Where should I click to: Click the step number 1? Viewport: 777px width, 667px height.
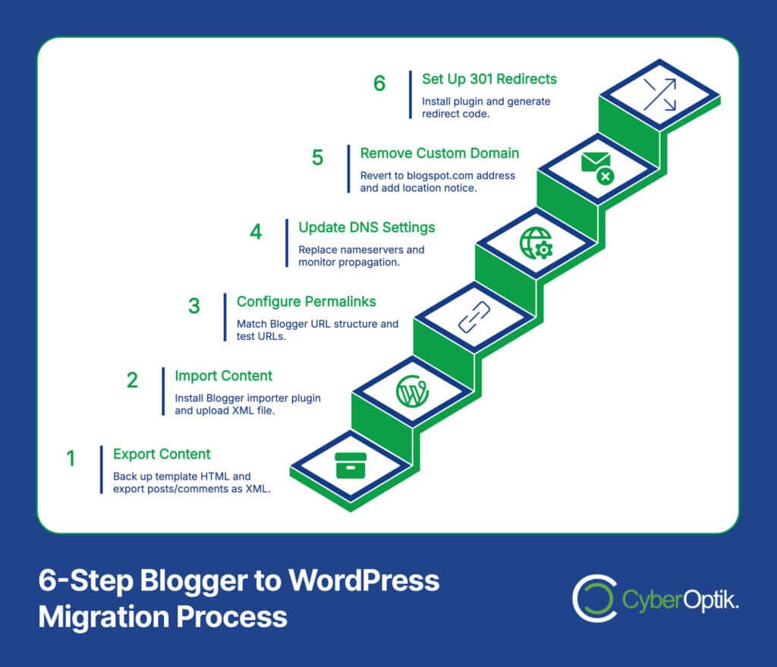71,458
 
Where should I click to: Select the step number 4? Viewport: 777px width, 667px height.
256,231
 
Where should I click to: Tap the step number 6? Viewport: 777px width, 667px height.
379,83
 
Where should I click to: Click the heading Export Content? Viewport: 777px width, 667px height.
162,455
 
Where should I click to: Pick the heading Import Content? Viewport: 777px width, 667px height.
223,376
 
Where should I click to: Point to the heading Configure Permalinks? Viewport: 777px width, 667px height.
306,301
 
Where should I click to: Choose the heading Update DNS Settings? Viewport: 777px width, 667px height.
366,228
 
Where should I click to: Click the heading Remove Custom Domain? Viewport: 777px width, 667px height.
439,153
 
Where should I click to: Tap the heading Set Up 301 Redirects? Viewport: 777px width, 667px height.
489,79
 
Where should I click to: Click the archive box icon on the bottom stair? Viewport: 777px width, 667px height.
351,464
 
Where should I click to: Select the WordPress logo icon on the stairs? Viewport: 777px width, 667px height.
412,392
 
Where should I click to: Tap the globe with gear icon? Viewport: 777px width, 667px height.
535,244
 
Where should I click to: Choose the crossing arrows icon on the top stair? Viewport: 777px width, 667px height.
659,95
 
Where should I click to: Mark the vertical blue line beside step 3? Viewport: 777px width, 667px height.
225,317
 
